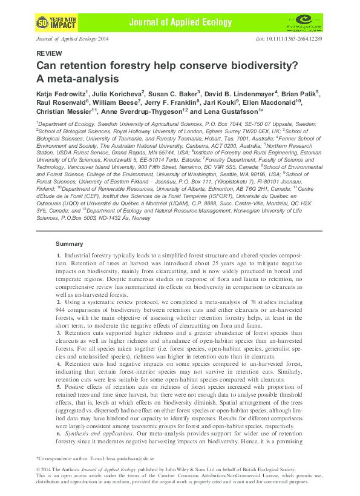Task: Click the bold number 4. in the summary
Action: pos(59,365)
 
